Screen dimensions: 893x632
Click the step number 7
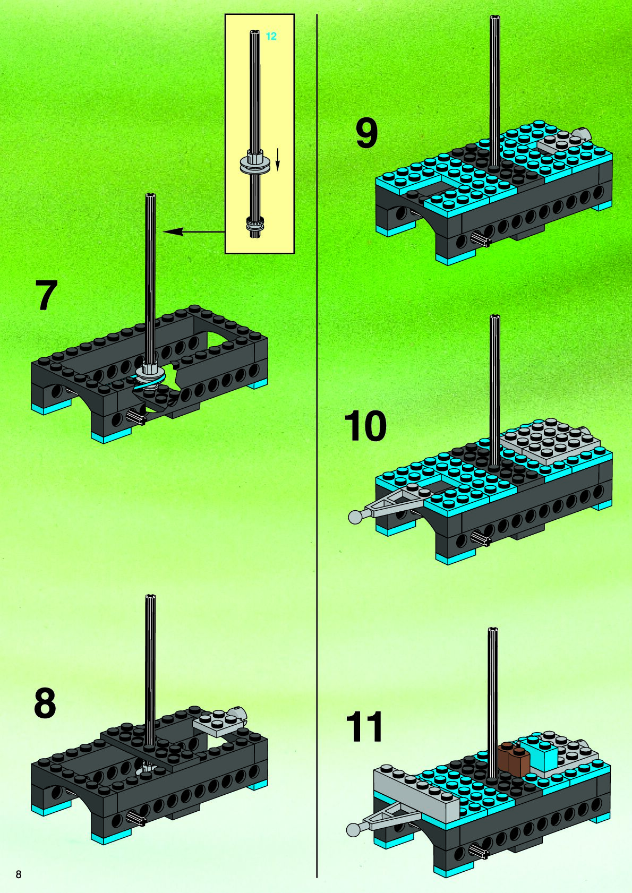(46, 295)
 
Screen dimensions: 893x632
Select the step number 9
(366, 133)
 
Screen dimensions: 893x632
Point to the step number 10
(365, 426)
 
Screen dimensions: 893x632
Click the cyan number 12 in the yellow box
(271, 37)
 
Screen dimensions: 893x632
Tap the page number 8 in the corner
(19, 874)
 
